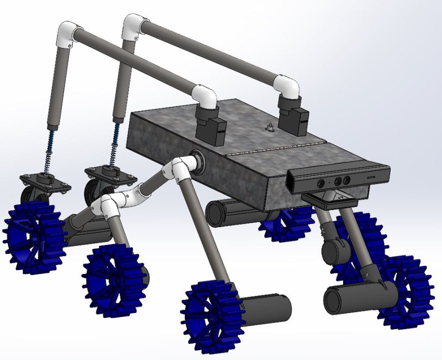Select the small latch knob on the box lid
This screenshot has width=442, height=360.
(270, 128)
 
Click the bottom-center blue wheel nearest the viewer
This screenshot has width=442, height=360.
(212, 315)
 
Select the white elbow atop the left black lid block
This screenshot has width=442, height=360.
(205, 95)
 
